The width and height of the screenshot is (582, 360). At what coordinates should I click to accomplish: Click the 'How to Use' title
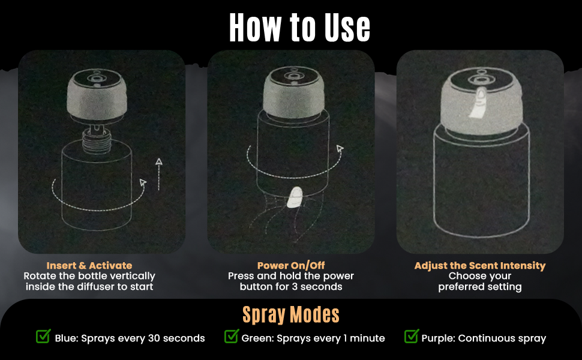coord(299,28)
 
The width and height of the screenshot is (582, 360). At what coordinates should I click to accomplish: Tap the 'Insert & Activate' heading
coord(89,265)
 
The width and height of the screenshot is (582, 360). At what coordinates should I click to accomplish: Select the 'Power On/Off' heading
coord(291,265)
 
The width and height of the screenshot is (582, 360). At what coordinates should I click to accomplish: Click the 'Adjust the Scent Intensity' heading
coord(480,265)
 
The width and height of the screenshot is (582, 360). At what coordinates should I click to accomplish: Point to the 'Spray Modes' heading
coord(291,314)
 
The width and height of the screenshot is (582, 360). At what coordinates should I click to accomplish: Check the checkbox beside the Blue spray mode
coord(43,336)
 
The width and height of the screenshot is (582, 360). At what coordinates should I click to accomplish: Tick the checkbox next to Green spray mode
coord(232,336)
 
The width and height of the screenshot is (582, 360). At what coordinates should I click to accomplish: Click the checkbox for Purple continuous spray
coord(412,336)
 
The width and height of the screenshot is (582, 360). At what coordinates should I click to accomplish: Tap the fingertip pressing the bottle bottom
coord(295,197)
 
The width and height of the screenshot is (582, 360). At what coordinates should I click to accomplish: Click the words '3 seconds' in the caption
coord(322,287)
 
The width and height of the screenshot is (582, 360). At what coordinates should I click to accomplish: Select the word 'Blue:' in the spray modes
coord(67,338)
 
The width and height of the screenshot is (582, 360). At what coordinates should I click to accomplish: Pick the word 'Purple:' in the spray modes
coord(439,338)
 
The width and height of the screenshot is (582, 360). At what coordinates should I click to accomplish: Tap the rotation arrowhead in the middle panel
coord(340,148)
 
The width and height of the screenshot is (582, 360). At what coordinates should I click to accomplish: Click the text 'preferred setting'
coord(480,287)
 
